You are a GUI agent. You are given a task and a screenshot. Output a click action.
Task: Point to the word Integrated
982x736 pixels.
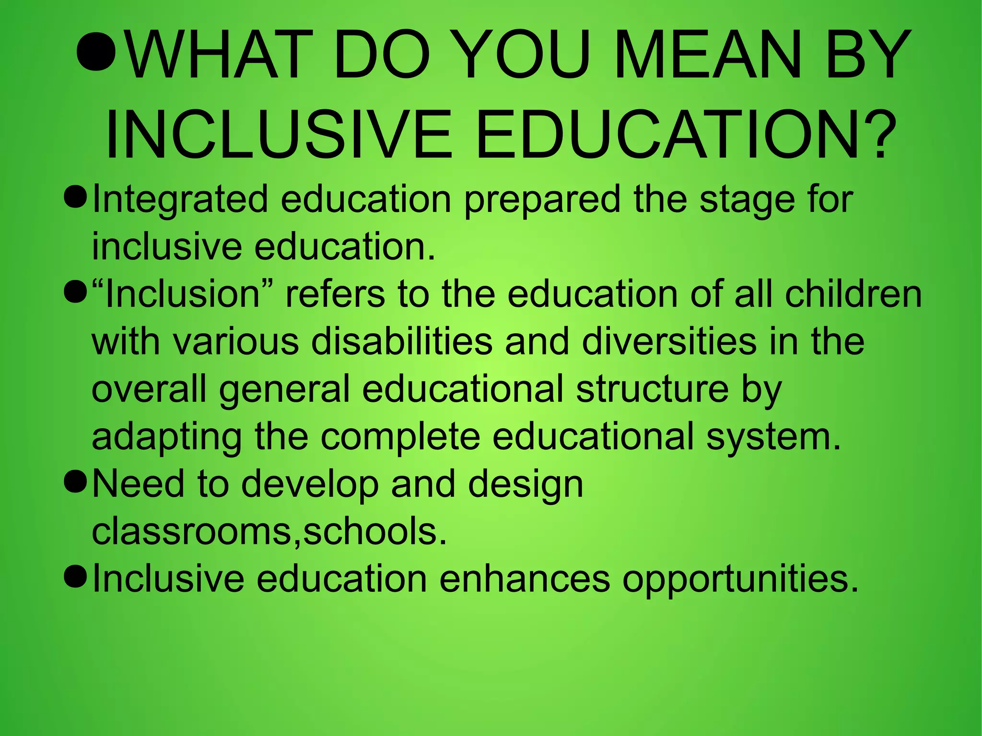pos(180,199)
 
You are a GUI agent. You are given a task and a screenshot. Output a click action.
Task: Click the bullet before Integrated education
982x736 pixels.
pos(75,197)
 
